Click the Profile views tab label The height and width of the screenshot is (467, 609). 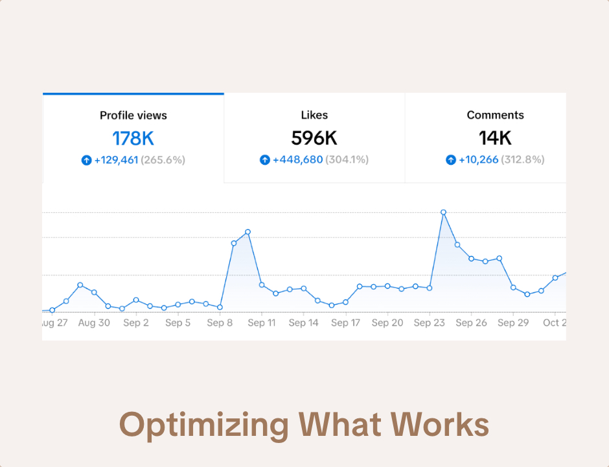[x=133, y=115]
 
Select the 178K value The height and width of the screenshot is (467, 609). [x=133, y=138]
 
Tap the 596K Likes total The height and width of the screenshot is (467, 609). [x=314, y=138]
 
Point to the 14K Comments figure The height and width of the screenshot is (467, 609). [x=495, y=138]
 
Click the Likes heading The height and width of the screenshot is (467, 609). [x=314, y=115]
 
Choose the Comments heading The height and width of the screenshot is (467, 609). [x=495, y=115]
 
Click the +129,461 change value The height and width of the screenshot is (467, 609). [x=116, y=160]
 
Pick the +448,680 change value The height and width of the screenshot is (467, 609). [x=297, y=160]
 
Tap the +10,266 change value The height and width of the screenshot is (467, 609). [x=478, y=160]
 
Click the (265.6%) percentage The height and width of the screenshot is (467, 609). [x=163, y=160]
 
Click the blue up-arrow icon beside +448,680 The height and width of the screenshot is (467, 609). [x=264, y=160]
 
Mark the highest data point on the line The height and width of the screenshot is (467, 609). [x=443, y=212]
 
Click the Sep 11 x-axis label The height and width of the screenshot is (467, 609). [x=262, y=322]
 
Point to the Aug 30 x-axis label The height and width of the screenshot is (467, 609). [x=94, y=322]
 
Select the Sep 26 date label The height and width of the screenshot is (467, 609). [x=471, y=322]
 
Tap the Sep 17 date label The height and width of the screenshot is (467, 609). [x=345, y=322]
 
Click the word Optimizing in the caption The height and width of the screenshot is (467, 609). [x=204, y=425]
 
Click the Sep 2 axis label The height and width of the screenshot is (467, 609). [x=136, y=322]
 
